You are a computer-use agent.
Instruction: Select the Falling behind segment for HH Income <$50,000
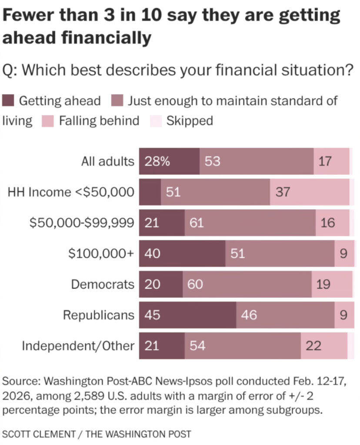(310, 192)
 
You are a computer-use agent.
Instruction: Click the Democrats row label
(103, 284)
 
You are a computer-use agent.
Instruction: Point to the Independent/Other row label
(78, 346)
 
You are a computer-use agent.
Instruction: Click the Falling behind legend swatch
(48, 121)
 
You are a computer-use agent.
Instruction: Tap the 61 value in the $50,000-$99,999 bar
(197, 222)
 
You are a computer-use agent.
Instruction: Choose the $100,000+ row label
(101, 253)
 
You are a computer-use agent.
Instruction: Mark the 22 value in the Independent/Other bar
(313, 346)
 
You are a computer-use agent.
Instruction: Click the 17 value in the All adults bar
(325, 161)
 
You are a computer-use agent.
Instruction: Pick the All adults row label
(108, 161)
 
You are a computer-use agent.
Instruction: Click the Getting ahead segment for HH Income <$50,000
(150, 192)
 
